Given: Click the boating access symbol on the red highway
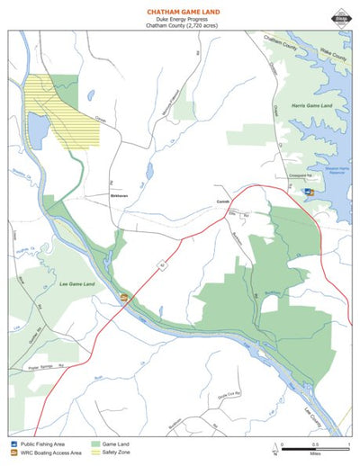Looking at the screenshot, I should pos(124,297).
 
